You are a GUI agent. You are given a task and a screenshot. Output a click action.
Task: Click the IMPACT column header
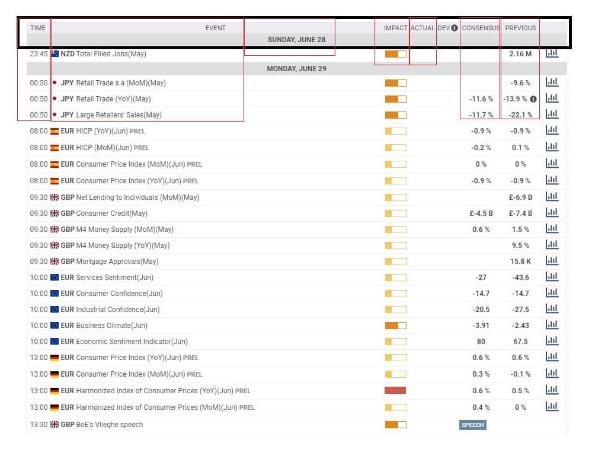point(395,28)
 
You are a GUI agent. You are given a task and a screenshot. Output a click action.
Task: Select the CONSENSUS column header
point(481,28)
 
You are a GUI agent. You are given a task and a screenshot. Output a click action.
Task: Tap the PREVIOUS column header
point(520,28)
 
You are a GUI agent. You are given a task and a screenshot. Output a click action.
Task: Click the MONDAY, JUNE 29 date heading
point(296,69)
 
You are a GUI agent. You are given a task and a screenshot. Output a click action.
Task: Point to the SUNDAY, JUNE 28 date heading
point(296,40)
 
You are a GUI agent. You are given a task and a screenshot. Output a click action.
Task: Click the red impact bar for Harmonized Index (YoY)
point(395,390)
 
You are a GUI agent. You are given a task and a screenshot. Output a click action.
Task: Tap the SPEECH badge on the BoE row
point(473,425)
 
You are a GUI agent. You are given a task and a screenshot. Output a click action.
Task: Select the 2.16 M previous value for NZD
point(520,54)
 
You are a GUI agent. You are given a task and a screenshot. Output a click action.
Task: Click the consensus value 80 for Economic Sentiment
point(481,342)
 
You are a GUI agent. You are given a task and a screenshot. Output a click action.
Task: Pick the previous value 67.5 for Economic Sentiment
point(520,342)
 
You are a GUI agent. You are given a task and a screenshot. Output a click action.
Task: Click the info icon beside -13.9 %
point(533,99)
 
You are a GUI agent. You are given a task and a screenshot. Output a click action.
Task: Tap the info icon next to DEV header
point(455,28)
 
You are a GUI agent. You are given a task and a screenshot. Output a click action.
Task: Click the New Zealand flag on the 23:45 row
point(55,54)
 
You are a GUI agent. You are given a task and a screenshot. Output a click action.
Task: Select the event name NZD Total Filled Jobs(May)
point(104,54)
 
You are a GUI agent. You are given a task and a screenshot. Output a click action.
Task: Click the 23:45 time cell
point(39,54)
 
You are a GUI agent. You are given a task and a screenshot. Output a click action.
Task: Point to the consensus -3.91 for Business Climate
point(481,326)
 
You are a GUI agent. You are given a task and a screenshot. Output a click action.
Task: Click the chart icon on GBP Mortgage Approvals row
point(552,261)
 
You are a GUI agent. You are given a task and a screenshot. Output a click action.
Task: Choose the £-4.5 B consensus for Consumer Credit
point(481,214)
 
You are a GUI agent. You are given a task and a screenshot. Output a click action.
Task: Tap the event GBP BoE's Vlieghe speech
point(102,425)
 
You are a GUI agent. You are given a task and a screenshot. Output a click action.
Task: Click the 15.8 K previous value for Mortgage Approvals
point(520,262)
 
